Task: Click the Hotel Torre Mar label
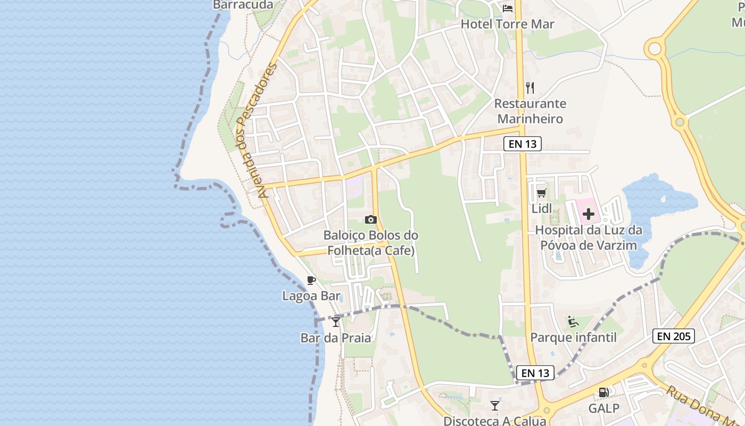[x=507, y=24]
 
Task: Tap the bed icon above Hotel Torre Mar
[x=508, y=8]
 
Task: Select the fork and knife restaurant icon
[x=530, y=87]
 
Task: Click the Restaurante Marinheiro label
[x=529, y=111]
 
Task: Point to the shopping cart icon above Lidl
[x=542, y=193]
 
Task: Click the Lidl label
[x=542, y=208]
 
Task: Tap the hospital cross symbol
[x=589, y=215]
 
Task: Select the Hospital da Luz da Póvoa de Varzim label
[x=589, y=238]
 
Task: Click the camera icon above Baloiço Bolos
[x=371, y=219]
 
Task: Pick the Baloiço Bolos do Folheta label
[x=371, y=242]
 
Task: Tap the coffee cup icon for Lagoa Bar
[x=311, y=281]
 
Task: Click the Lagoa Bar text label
[x=311, y=296]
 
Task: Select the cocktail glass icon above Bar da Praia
[x=336, y=322]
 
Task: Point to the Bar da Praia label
[x=336, y=338]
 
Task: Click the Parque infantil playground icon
[x=573, y=322]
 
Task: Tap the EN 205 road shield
[x=673, y=336]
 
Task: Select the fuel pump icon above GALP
[x=604, y=392]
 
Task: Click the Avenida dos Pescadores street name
[x=258, y=130]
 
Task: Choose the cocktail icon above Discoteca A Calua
[x=495, y=406]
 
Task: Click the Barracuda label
[x=243, y=5]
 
